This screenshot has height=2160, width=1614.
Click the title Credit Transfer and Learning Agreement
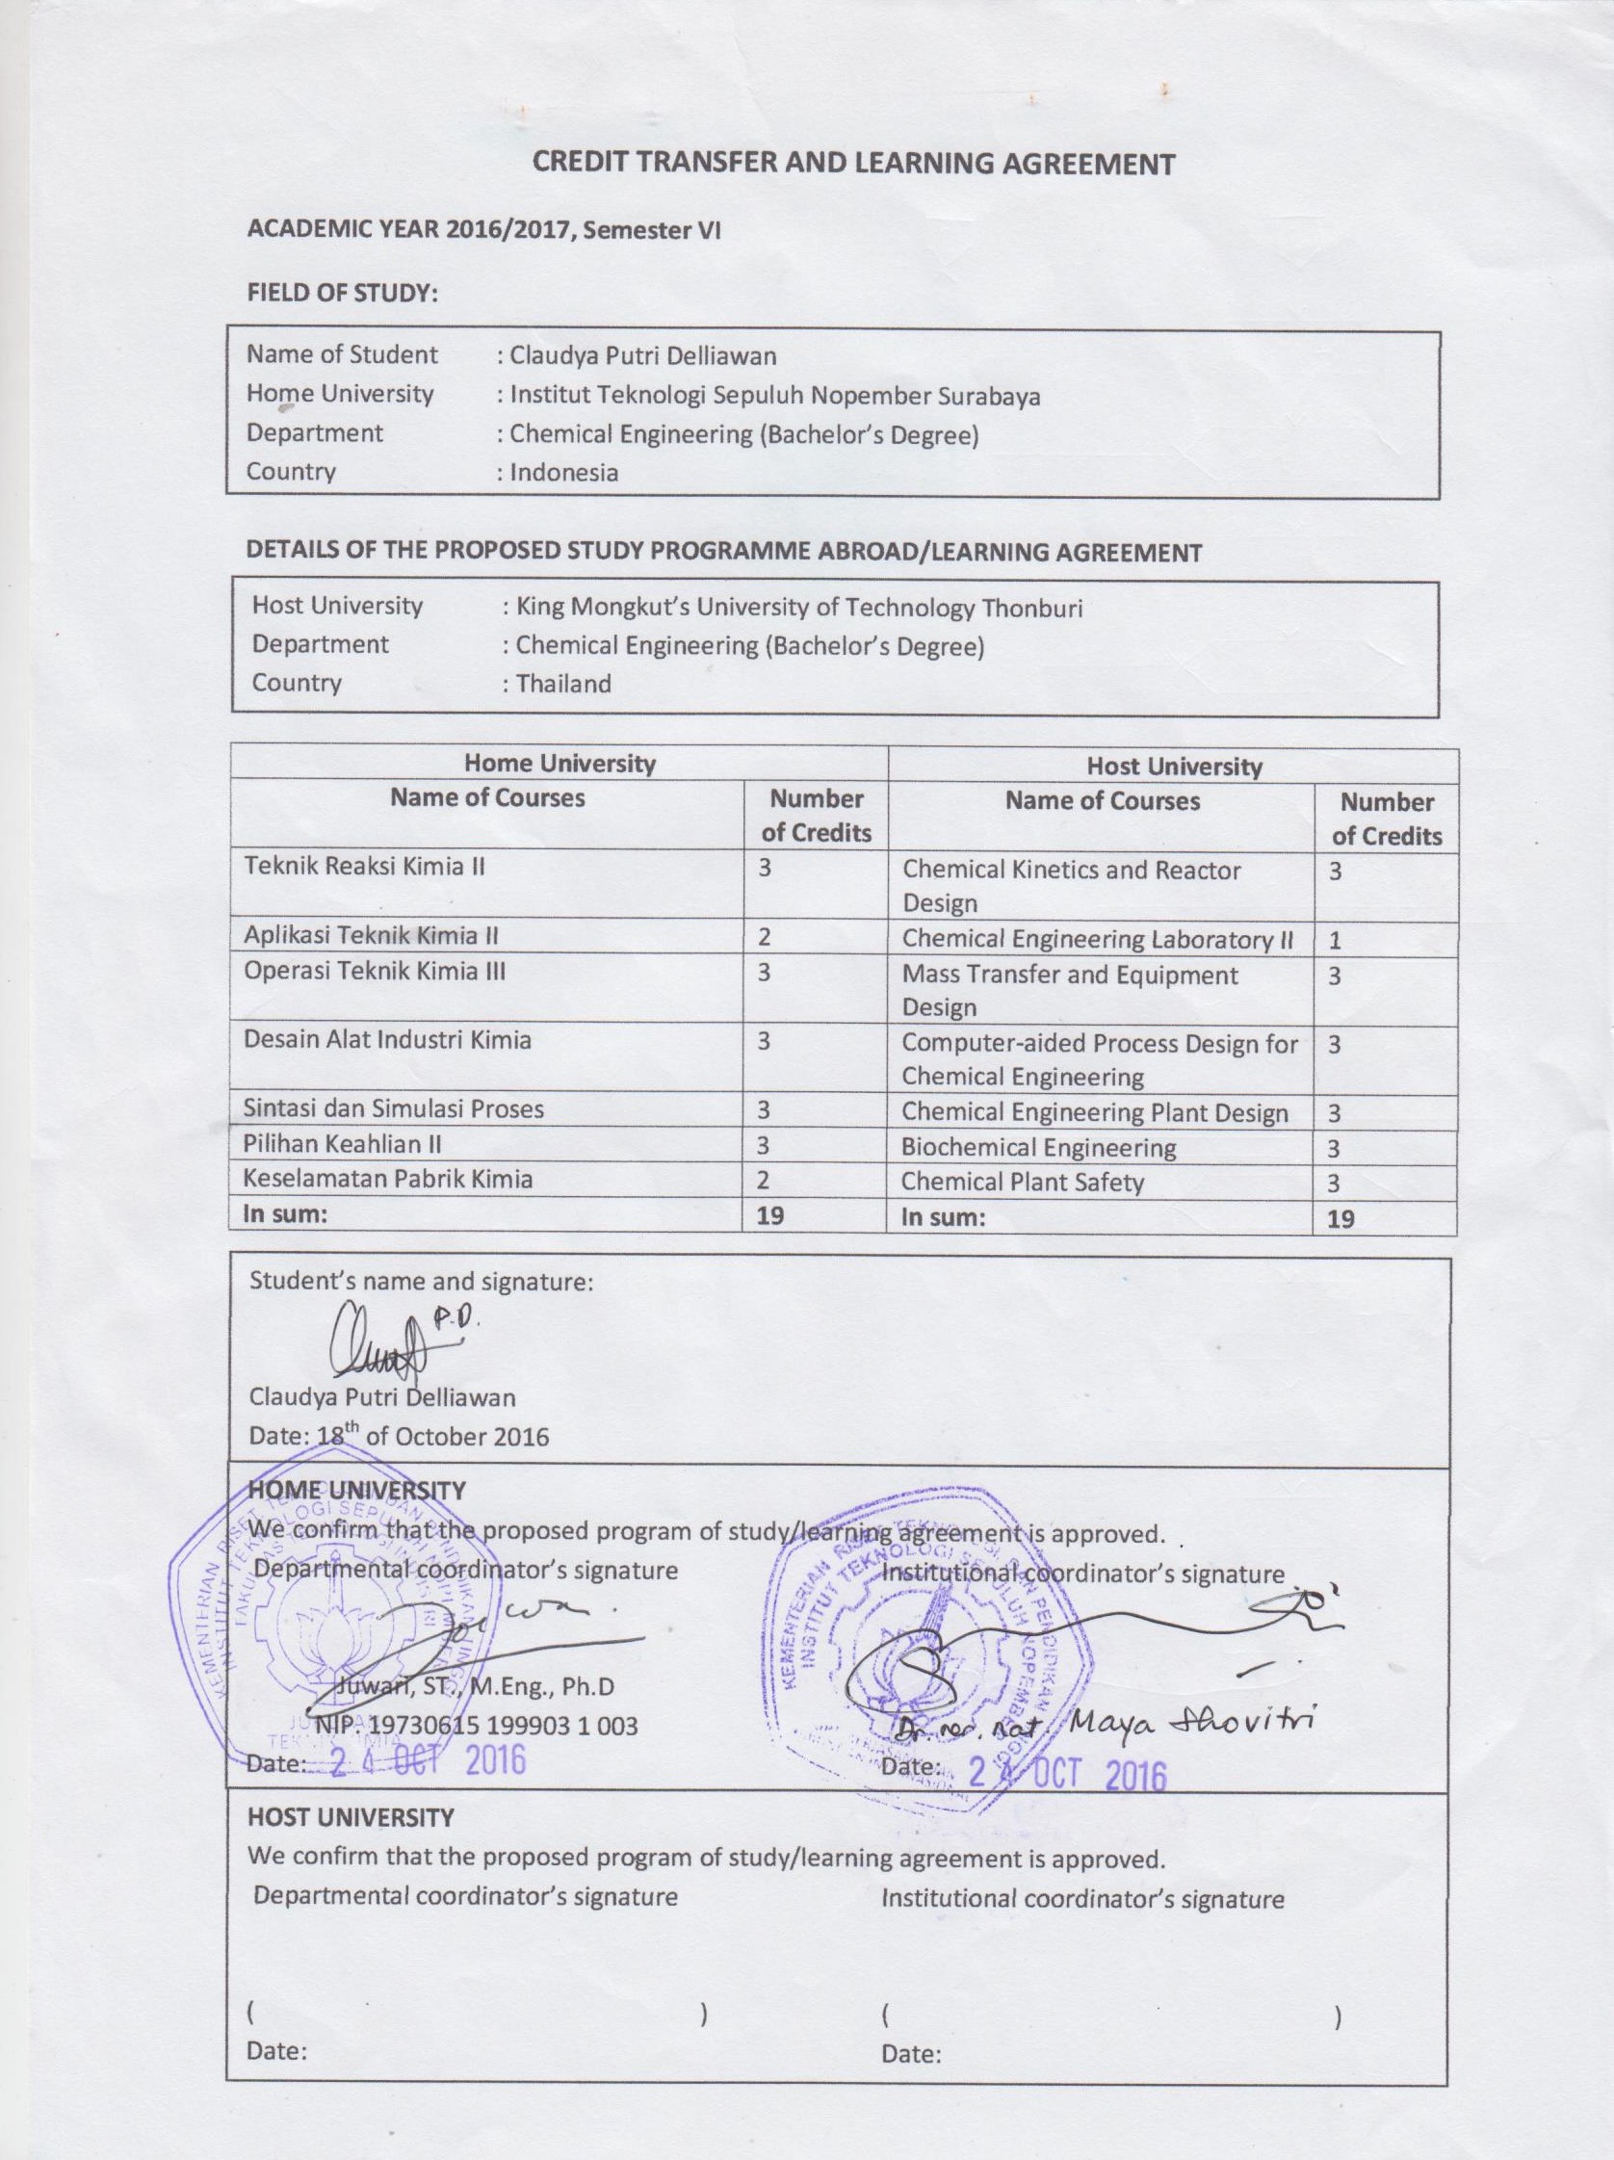[853, 163]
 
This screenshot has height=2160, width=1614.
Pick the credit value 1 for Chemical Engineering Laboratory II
[1335, 942]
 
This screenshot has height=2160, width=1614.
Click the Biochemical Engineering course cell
[1038, 1147]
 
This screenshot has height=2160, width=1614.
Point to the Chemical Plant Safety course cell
[1022, 1183]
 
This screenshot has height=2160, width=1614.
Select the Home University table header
[559, 763]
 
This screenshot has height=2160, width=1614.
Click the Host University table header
[1174, 767]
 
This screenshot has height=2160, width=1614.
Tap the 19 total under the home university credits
[770, 1215]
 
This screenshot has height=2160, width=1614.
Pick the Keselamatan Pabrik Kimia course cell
[388, 1179]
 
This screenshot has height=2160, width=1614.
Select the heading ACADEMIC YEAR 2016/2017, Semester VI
[483, 230]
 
